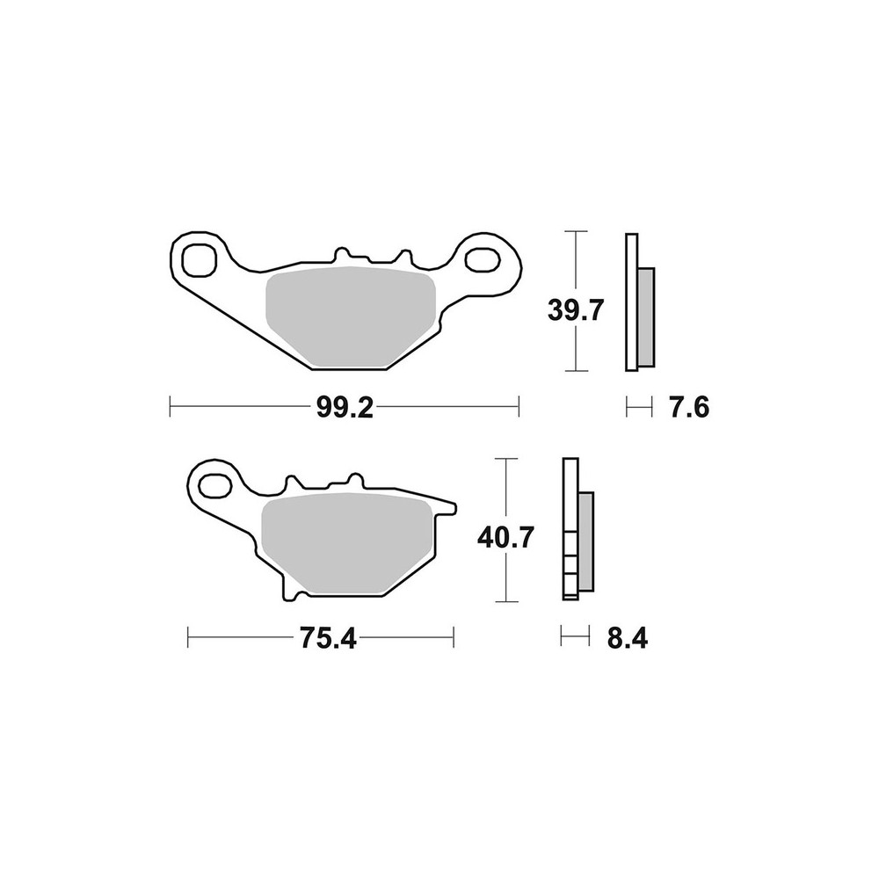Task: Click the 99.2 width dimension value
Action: click(x=345, y=407)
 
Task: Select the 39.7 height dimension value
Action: click(x=575, y=310)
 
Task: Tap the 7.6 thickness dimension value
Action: click(x=689, y=407)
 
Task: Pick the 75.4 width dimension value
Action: click(x=329, y=638)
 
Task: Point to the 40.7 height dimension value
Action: click(x=505, y=538)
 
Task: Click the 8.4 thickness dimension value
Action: click(x=628, y=638)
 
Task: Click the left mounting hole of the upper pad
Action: click(x=199, y=260)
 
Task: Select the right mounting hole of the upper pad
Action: click(x=482, y=260)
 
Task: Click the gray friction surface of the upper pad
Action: click(x=351, y=316)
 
